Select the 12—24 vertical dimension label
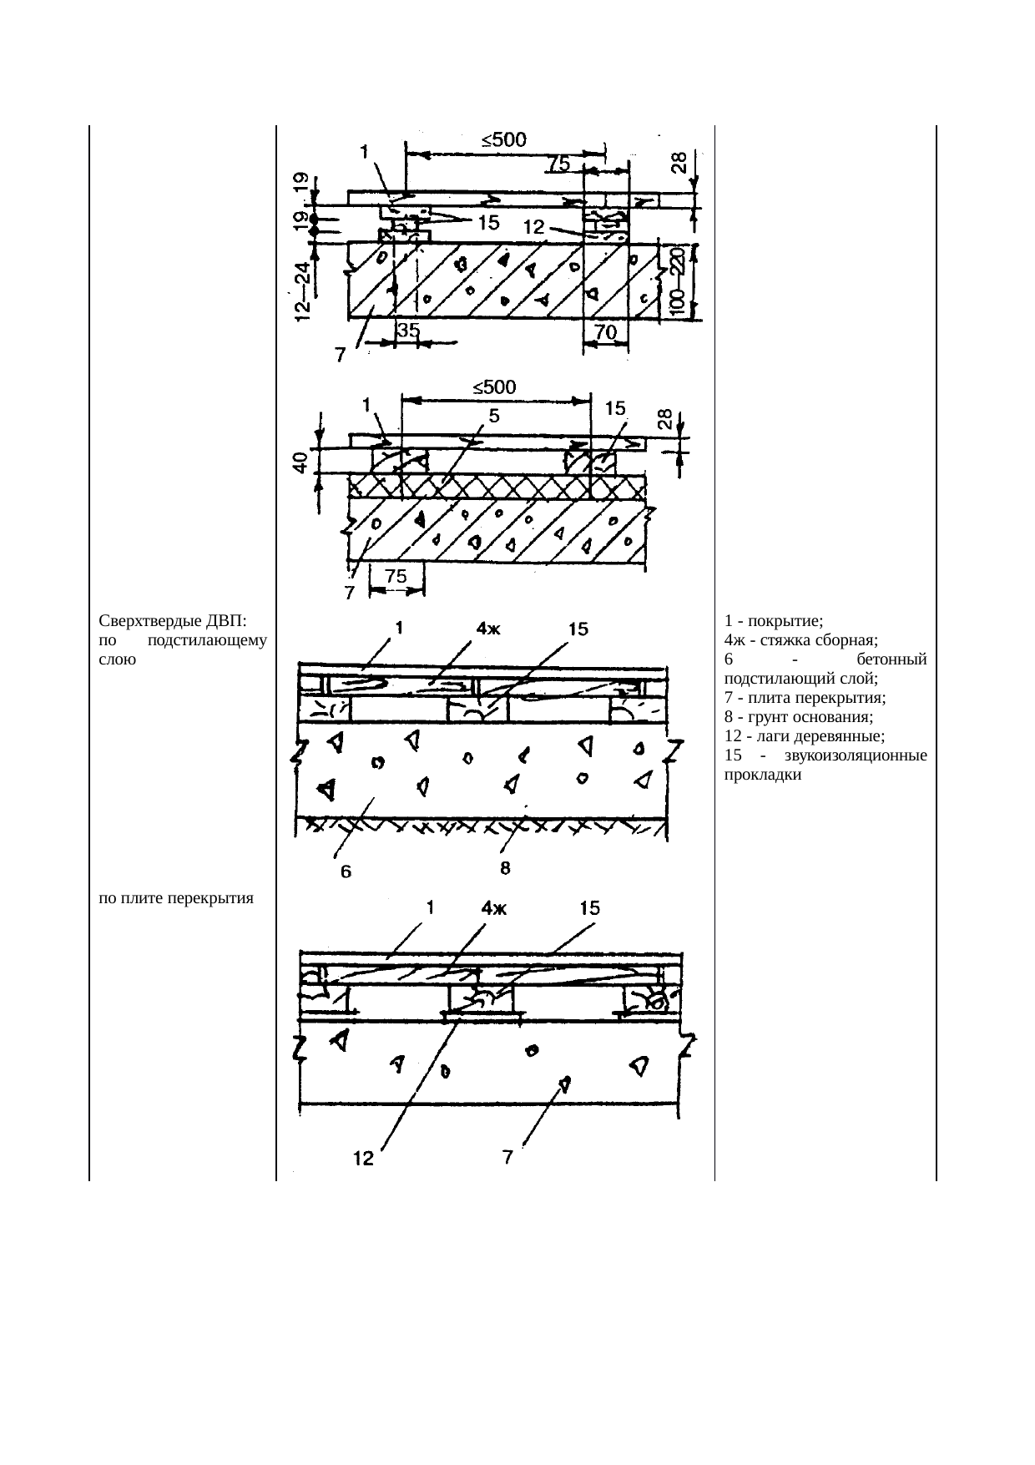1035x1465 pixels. click(x=303, y=290)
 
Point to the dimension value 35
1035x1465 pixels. click(x=408, y=331)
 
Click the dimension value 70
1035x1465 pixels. click(x=605, y=332)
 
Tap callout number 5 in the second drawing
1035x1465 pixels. click(x=493, y=415)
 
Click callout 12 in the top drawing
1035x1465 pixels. click(x=534, y=227)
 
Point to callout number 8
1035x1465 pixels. click(x=505, y=869)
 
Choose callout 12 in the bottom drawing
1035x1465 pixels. click(x=362, y=1159)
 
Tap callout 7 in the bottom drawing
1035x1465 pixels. click(x=507, y=1157)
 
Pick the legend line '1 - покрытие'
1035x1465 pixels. click(x=775, y=621)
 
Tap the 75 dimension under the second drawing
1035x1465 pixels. click(x=396, y=576)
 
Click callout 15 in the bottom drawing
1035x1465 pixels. click(x=589, y=908)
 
